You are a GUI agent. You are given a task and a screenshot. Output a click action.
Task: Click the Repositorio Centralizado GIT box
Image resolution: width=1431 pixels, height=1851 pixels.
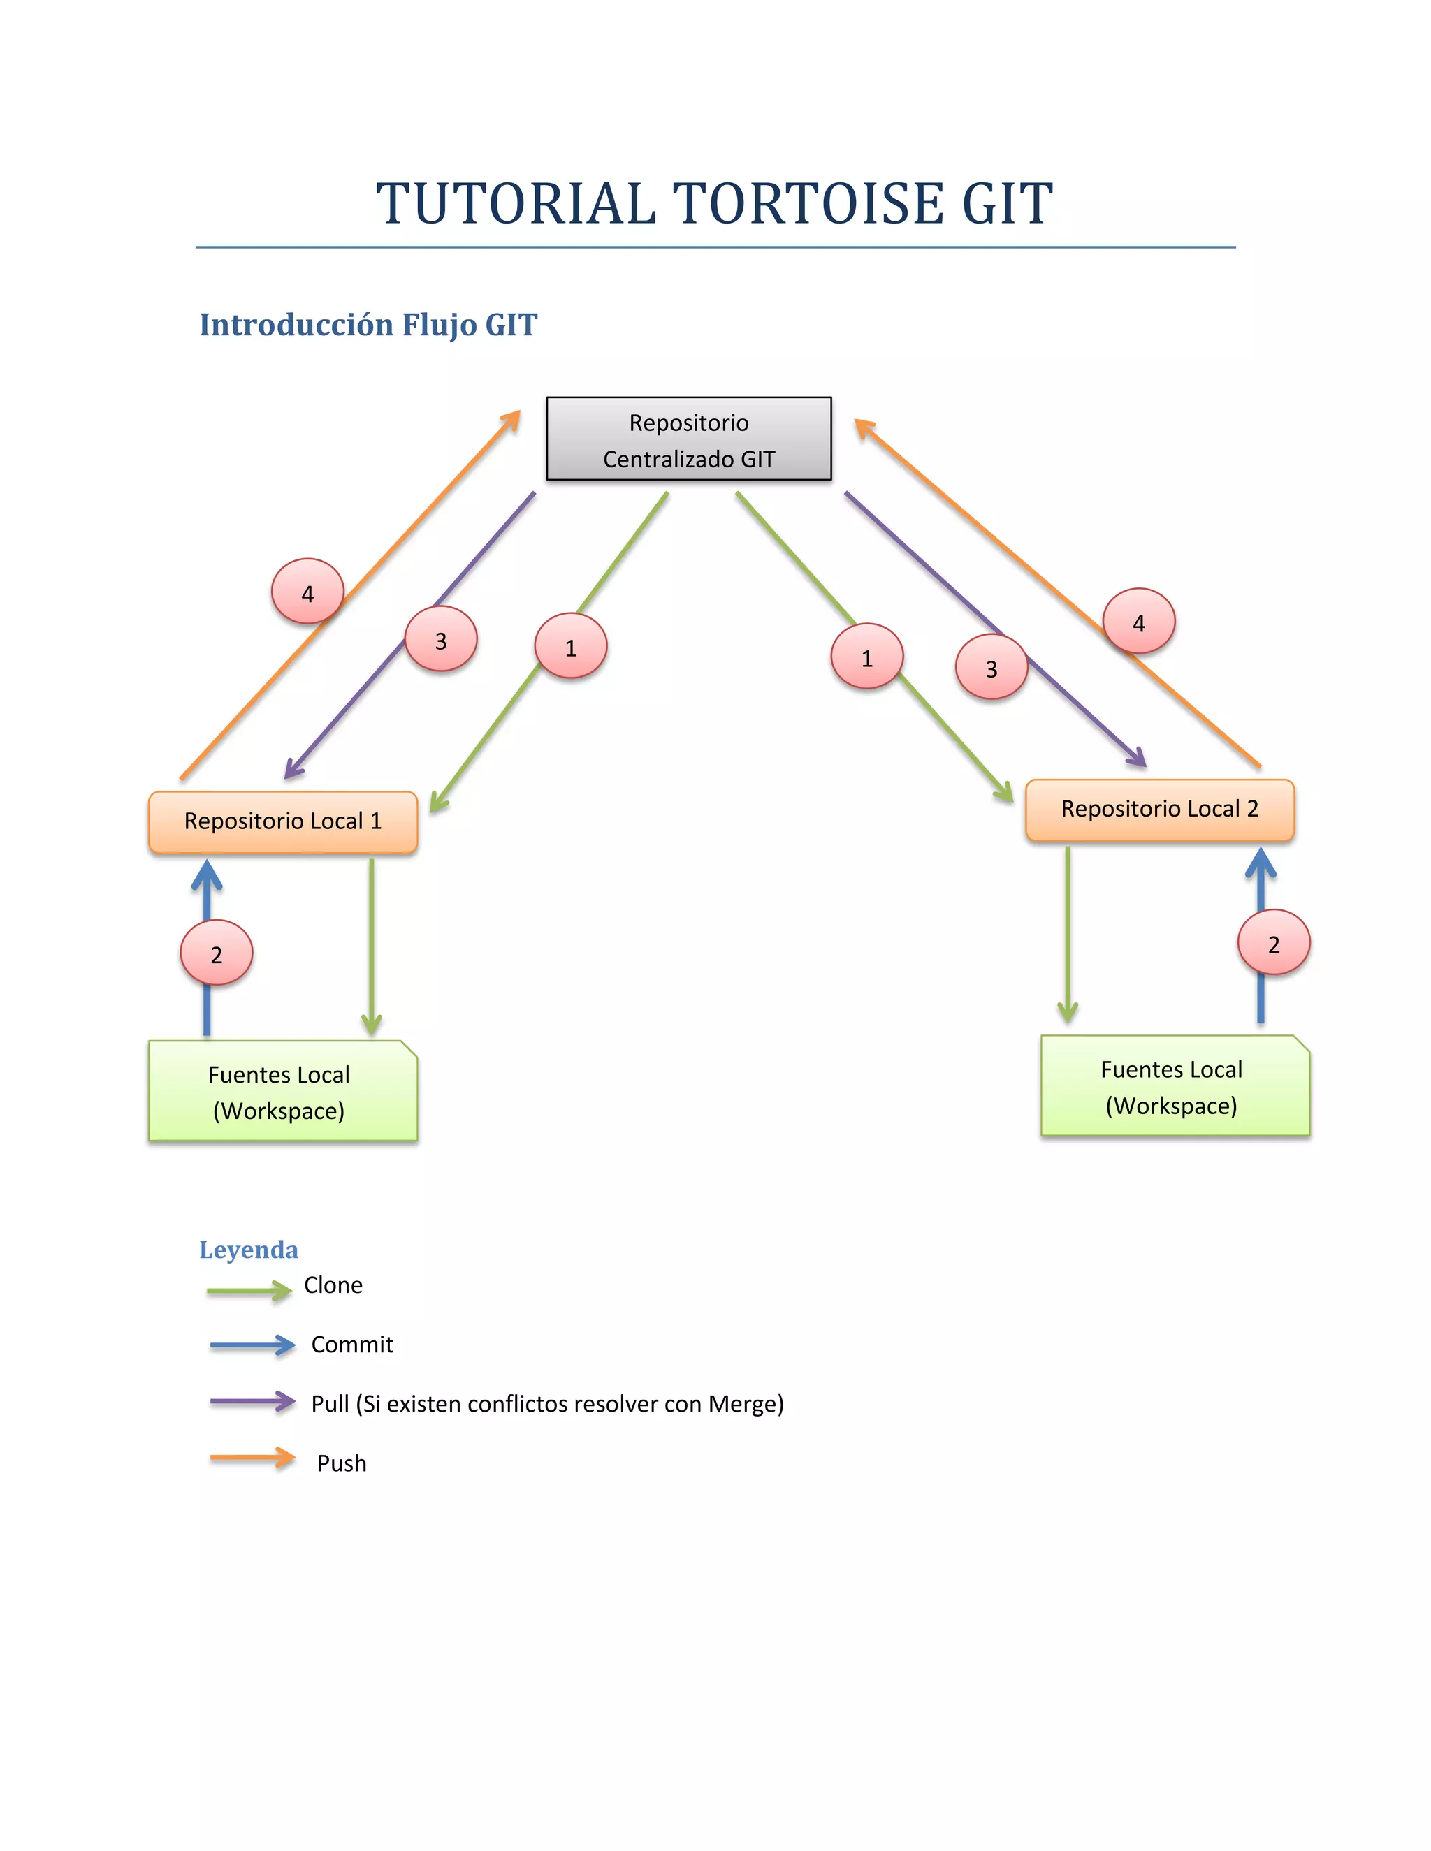[688, 439]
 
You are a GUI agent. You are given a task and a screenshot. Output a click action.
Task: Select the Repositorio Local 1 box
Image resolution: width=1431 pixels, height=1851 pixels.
[282, 821]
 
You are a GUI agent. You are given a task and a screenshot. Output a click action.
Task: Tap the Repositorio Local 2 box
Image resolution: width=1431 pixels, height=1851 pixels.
[1159, 810]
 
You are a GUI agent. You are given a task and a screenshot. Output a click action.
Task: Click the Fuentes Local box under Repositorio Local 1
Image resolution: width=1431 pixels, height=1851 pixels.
[282, 1091]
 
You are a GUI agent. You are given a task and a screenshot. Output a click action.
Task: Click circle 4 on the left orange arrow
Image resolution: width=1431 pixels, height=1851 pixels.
[307, 592]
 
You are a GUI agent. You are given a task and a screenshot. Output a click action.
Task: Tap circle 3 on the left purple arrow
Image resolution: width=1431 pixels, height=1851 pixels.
[441, 640]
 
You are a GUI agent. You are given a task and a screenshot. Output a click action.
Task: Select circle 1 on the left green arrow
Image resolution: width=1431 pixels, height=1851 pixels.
[571, 647]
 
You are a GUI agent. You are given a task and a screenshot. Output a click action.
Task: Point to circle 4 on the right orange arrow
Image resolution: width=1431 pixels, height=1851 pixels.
[1138, 622]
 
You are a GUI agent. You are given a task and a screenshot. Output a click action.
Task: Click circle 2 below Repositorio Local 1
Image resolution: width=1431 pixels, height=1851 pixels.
[216, 953]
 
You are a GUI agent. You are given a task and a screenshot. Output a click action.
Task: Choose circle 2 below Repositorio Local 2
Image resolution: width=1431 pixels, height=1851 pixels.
[1273, 943]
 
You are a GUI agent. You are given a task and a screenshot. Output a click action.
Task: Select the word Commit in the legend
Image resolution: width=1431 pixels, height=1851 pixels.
[352, 1345]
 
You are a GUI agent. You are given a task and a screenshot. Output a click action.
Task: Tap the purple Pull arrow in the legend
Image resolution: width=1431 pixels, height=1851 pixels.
[252, 1402]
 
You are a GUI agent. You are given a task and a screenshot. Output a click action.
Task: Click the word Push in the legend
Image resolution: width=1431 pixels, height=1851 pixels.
[342, 1463]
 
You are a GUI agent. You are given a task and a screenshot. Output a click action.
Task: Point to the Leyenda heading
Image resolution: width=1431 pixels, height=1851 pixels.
[248, 1250]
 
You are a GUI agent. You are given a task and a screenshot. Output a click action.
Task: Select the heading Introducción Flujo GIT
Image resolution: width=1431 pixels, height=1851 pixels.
[368, 325]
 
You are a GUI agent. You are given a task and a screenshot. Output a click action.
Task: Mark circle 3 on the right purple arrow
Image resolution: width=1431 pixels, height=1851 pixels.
[991, 668]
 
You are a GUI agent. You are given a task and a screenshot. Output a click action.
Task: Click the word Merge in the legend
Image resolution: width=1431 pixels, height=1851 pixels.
[742, 1405]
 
